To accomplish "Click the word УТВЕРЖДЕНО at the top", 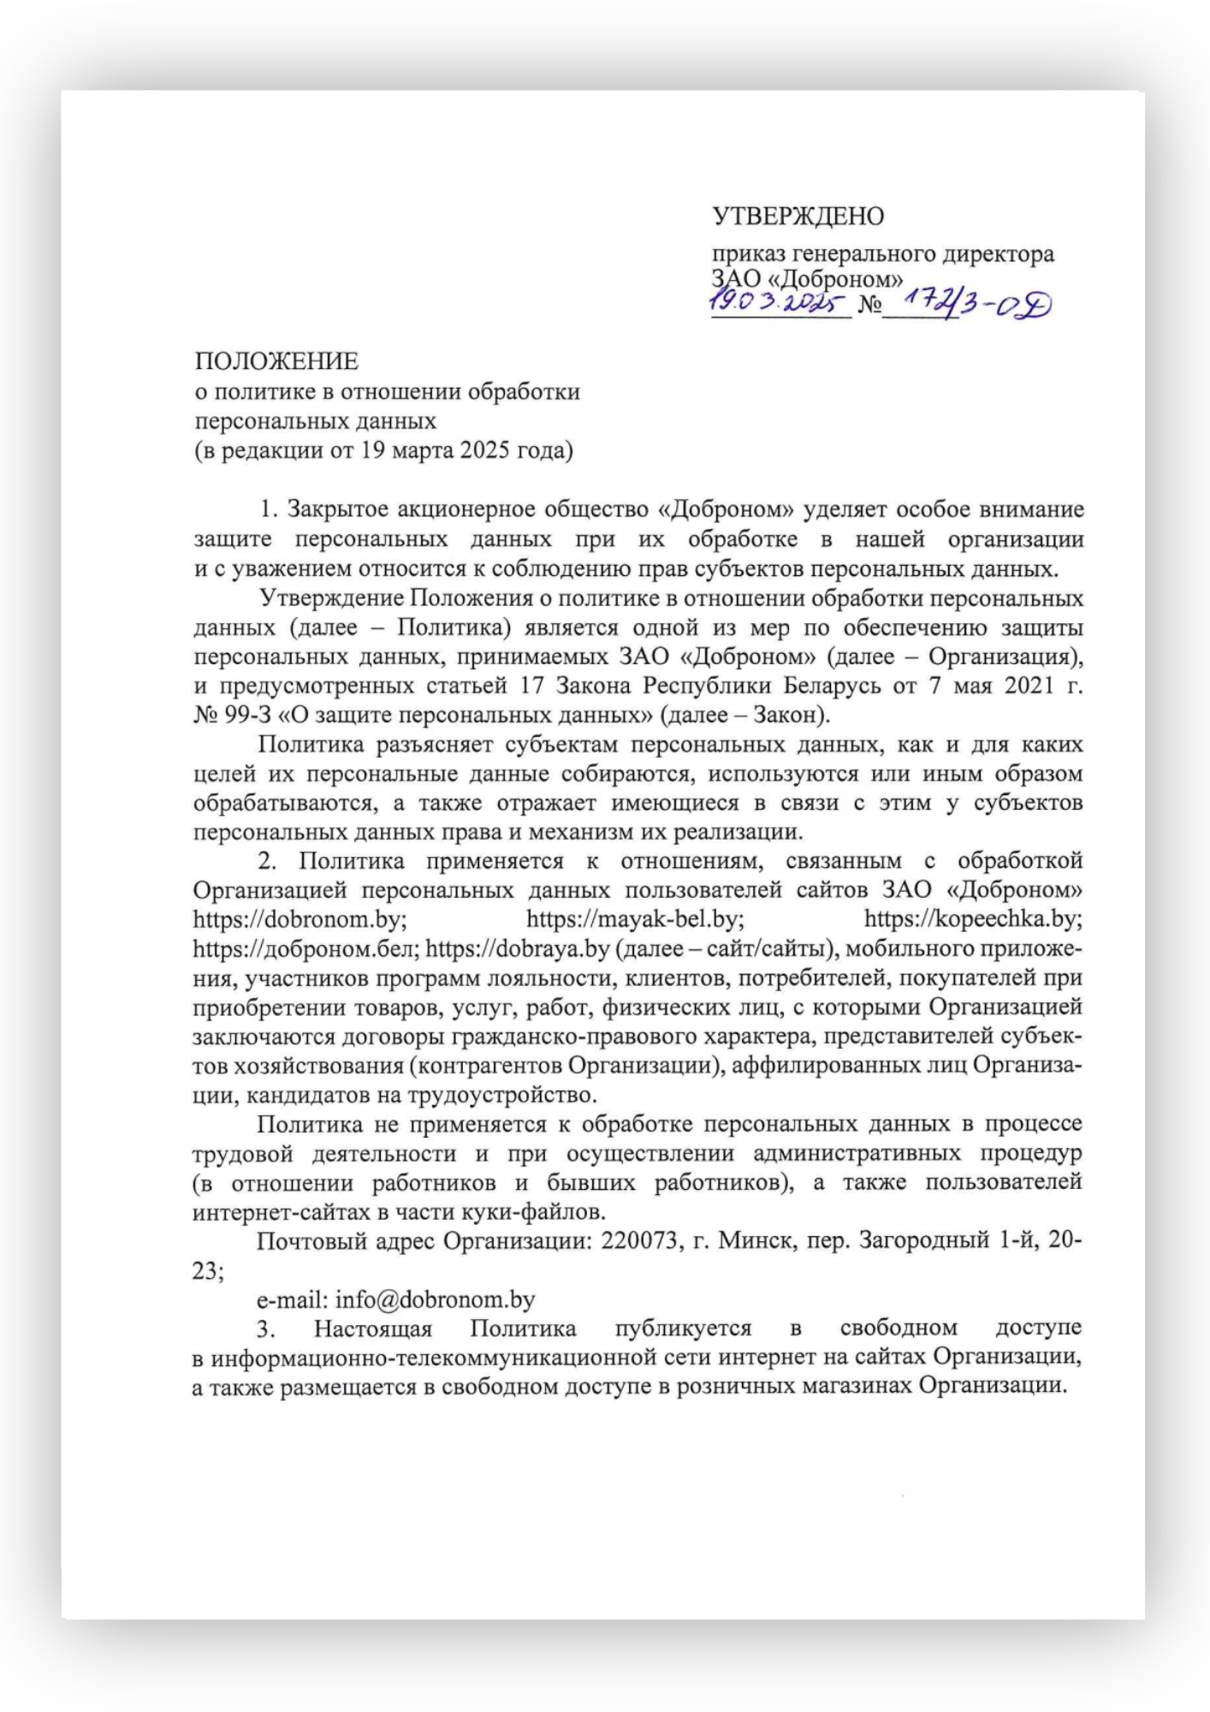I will click(x=798, y=217).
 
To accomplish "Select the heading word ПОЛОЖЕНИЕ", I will click(x=276, y=361).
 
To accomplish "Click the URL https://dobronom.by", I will click(x=299, y=919).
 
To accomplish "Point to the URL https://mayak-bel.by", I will click(x=634, y=919).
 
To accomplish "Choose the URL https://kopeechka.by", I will click(x=973, y=919).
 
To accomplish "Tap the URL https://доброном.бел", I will click(x=305, y=948).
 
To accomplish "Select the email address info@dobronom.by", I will click(x=435, y=1299).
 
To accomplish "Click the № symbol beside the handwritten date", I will click(x=869, y=305).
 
